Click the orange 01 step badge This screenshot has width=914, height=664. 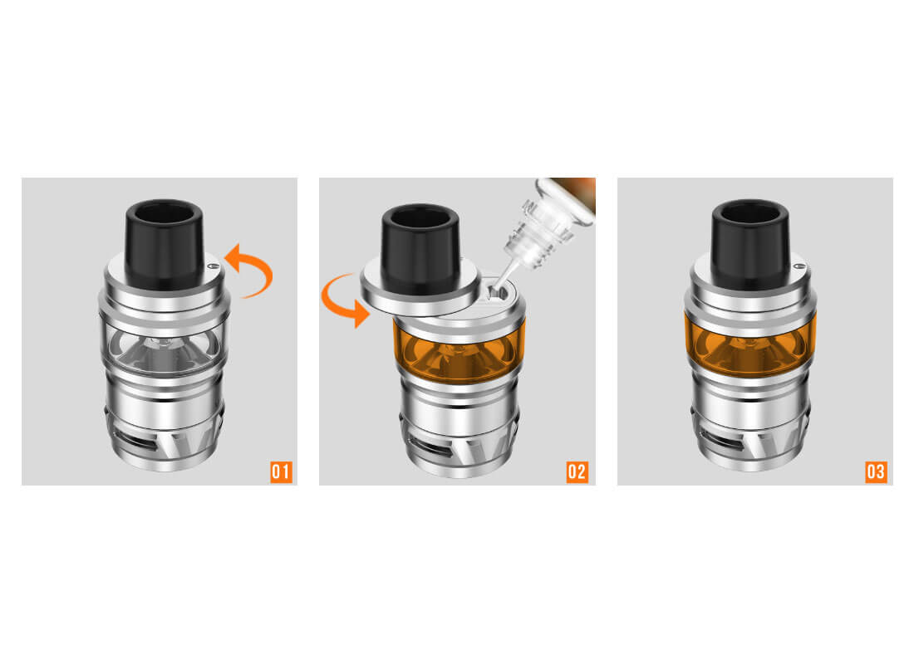point(281,471)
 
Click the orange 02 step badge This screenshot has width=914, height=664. point(577,471)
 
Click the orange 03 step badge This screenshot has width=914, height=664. point(876,471)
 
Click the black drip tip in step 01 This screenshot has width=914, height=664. point(165,245)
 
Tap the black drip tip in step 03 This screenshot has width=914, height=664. point(750,245)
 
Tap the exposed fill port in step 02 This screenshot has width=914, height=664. point(497,292)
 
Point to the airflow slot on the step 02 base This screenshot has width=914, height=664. point(432,445)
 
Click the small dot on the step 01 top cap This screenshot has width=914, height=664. point(212,266)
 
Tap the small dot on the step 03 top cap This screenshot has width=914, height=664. point(800,266)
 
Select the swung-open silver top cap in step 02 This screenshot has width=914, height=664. point(420,291)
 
